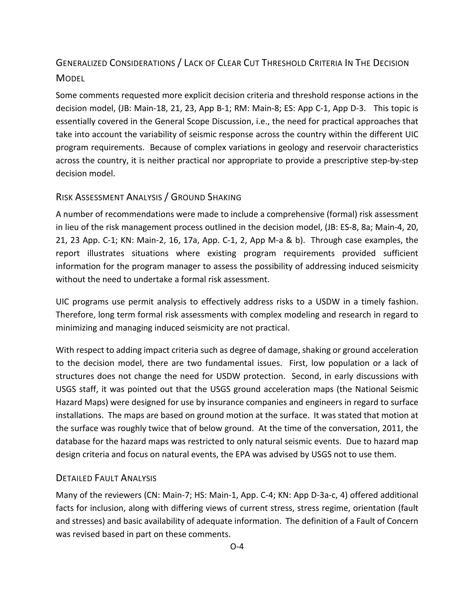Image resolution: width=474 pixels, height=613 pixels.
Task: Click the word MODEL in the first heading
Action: click(70, 78)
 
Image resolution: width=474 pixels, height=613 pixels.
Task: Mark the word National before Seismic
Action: click(371, 389)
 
